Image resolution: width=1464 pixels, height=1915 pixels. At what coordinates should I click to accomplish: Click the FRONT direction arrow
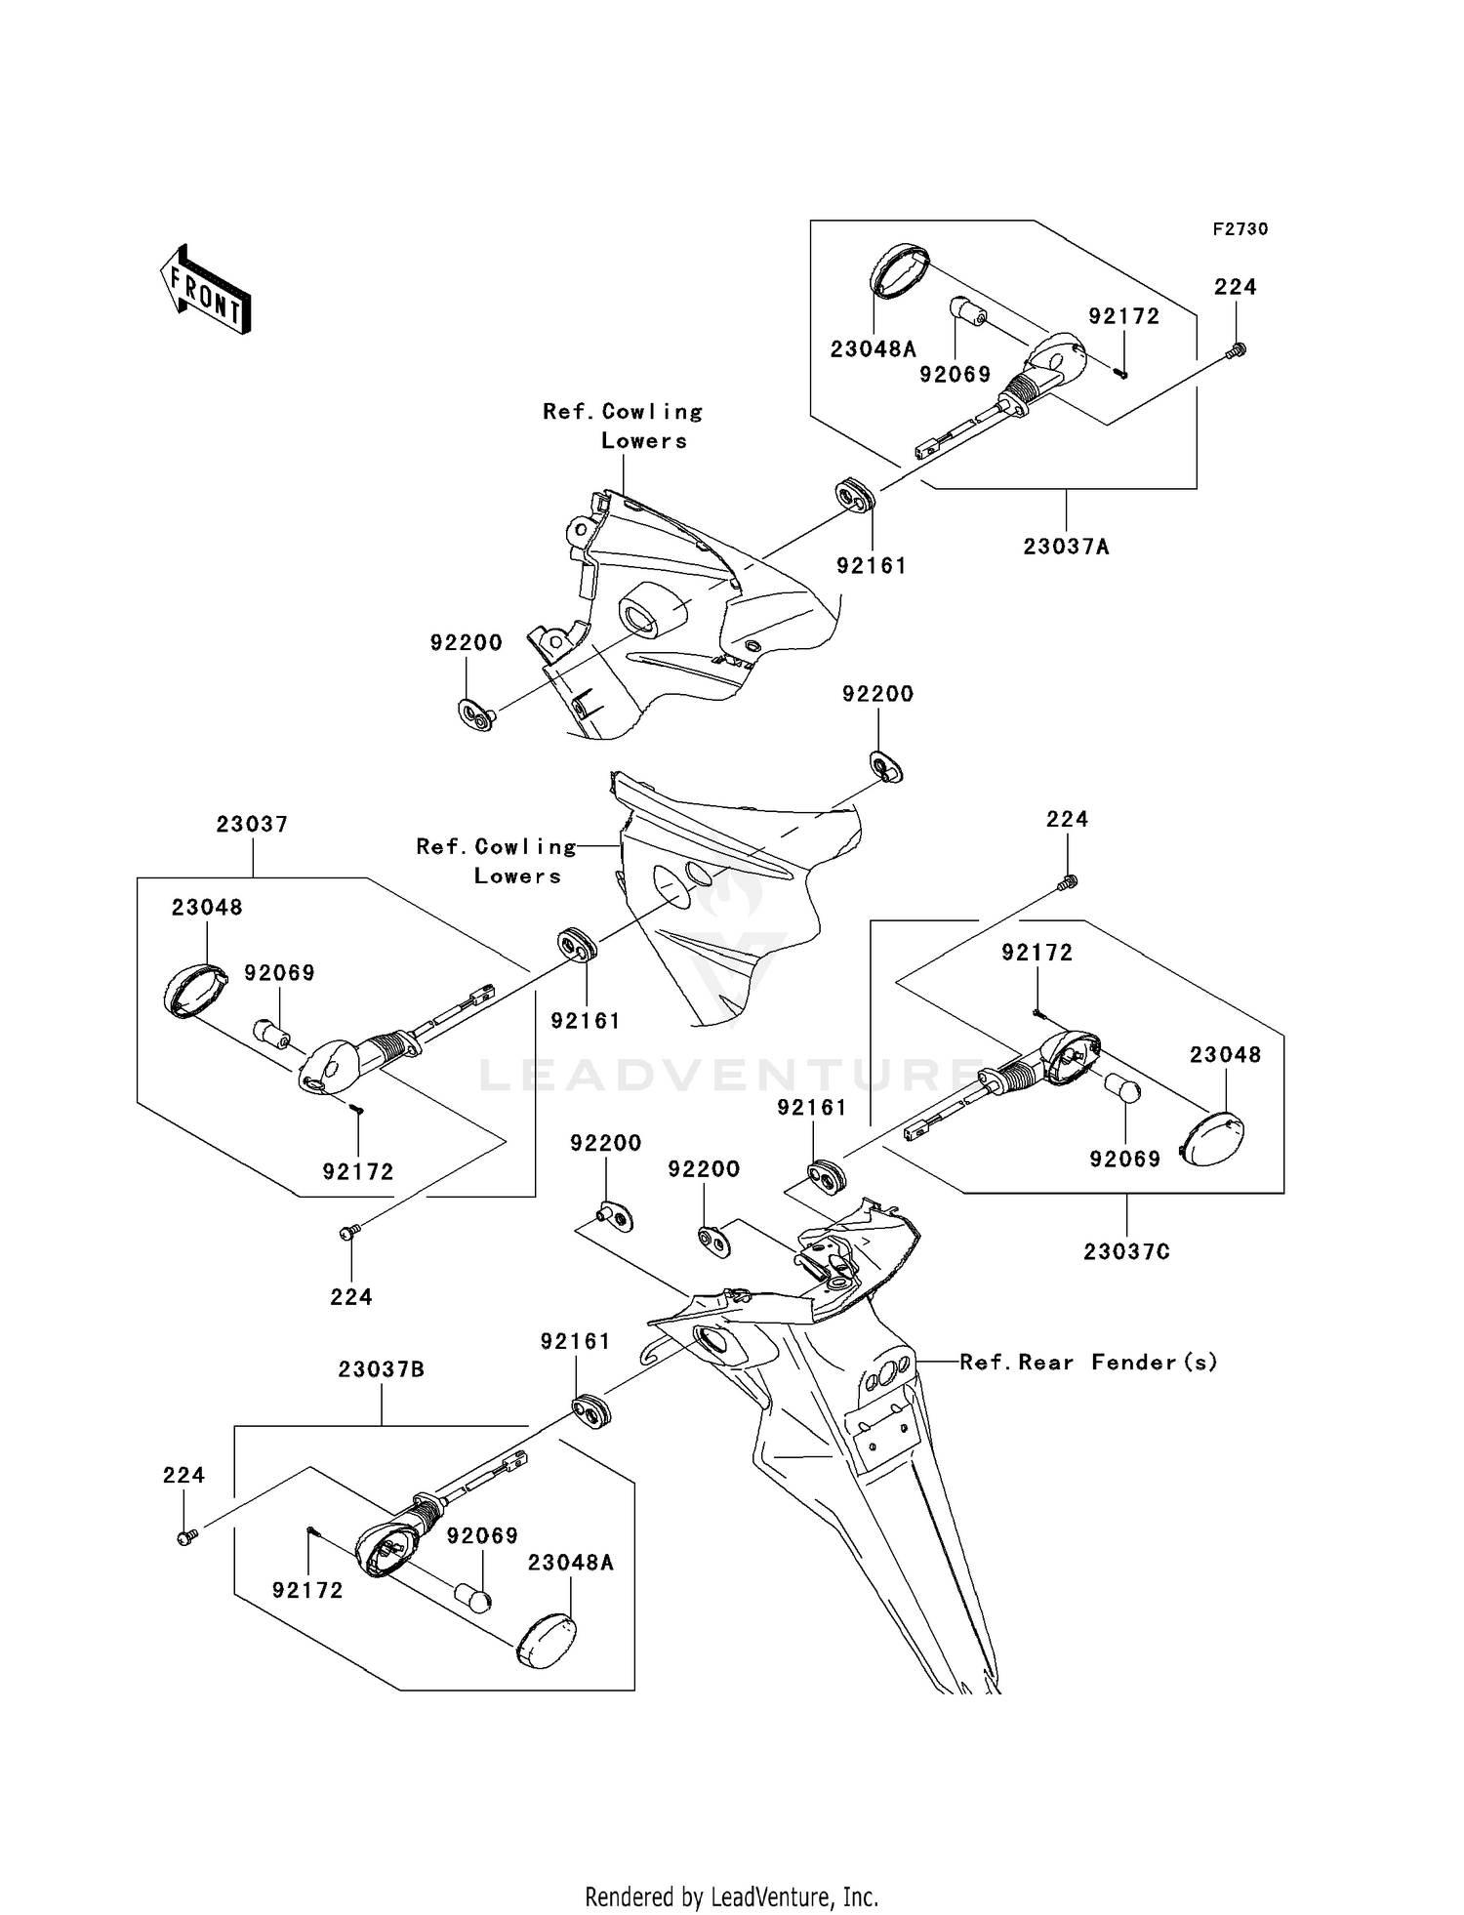point(206,290)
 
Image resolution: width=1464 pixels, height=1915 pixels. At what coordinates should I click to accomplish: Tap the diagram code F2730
point(1240,229)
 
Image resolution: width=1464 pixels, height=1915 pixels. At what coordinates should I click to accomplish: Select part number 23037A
point(1067,547)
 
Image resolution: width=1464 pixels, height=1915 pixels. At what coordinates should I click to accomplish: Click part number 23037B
point(382,1369)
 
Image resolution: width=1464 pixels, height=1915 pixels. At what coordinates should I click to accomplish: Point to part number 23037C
point(1126,1251)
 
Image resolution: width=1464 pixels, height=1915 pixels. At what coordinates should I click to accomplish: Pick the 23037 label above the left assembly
point(253,825)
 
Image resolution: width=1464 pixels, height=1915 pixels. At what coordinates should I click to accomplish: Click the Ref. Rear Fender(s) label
point(1089,1362)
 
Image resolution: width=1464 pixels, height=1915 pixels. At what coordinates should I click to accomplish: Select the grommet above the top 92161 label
point(856,494)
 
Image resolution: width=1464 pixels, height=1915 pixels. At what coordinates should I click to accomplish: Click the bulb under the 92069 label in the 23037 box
point(270,1032)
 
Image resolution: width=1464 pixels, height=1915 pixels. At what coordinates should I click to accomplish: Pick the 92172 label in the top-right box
point(1124,316)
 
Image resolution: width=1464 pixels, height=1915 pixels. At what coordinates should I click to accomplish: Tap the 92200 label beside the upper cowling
point(467,642)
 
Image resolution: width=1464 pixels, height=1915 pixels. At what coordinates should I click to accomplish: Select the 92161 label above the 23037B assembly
point(576,1342)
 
